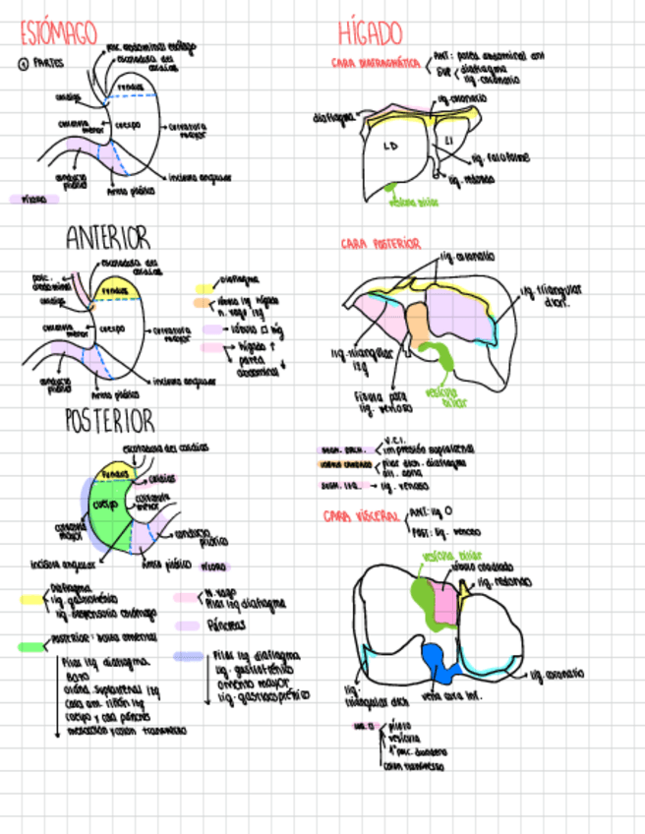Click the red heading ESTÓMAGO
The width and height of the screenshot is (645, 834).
click(x=60, y=33)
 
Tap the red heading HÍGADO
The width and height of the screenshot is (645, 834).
click(x=370, y=33)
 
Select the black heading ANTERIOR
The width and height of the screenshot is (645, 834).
click(x=108, y=239)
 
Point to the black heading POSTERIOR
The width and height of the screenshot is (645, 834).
click(x=110, y=421)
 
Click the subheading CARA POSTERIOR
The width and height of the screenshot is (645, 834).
click(x=381, y=243)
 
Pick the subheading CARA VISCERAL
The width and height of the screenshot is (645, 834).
click(x=362, y=515)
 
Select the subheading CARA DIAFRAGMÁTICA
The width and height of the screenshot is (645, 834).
click(x=377, y=64)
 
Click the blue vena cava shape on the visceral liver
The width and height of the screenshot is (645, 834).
click(x=435, y=662)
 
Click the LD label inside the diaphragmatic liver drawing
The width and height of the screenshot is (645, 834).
click(x=391, y=146)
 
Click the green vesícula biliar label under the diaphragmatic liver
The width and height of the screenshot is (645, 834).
click(x=413, y=204)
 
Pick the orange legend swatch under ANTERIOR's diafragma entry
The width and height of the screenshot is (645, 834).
click(x=203, y=303)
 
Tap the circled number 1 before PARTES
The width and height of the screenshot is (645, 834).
click(x=22, y=63)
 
